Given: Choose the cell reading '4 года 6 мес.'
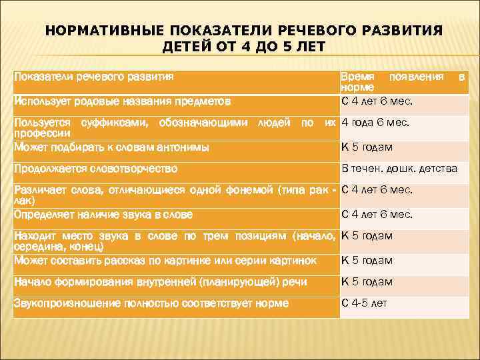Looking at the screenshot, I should (376, 123).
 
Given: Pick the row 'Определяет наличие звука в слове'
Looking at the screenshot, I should (103, 215).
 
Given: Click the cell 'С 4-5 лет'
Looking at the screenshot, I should (364, 303).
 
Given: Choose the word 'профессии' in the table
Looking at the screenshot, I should (37, 133).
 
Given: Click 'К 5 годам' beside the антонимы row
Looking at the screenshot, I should (367, 147).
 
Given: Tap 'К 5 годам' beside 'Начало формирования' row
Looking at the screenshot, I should (367, 282).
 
